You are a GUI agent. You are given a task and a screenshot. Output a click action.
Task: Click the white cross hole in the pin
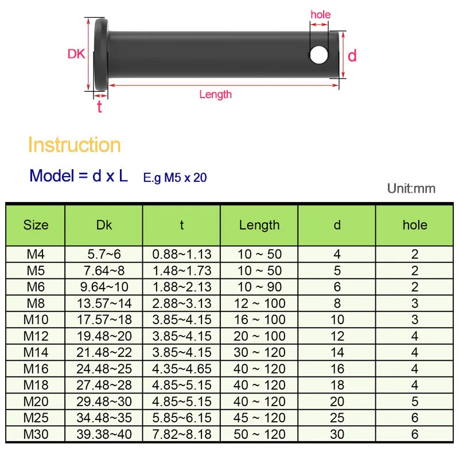click(x=319, y=55)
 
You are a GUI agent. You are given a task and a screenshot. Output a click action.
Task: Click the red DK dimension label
click(x=76, y=55)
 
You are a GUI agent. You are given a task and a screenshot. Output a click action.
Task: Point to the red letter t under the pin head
click(x=99, y=107)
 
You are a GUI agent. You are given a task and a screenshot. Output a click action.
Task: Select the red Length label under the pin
click(x=215, y=95)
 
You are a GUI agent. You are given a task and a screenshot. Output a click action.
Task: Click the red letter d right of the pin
click(x=352, y=55)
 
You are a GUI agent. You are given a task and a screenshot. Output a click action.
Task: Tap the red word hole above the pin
click(x=320, y=15)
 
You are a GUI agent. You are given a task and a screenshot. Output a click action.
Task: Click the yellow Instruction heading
click(x=74, y=145)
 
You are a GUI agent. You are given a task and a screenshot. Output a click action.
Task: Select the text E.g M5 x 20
click(x=175, y=178)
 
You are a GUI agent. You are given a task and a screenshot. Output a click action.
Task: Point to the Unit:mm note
click(x=411, y=189)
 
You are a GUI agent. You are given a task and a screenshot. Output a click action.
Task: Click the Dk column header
click(x=104, y=225)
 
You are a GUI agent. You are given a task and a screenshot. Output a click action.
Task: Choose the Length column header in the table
click(x=259, y=225)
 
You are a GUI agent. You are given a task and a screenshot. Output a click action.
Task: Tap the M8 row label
click(x=36, y=303)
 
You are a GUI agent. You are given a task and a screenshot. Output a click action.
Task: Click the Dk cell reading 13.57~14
click(x=104, y=303)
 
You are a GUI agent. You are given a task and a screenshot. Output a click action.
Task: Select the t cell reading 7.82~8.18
click(x=182, y=434)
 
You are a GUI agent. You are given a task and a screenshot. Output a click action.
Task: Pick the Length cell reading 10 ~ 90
click(x=259, y=287)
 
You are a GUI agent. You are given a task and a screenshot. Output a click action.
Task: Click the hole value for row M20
click(x=415, y=402)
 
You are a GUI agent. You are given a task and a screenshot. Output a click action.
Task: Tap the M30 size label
click(x=36, y=434)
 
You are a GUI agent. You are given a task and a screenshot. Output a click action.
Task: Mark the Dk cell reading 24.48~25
click(x=104, y=369)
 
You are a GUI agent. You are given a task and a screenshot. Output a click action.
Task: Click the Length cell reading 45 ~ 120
click(x=259, y=418)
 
